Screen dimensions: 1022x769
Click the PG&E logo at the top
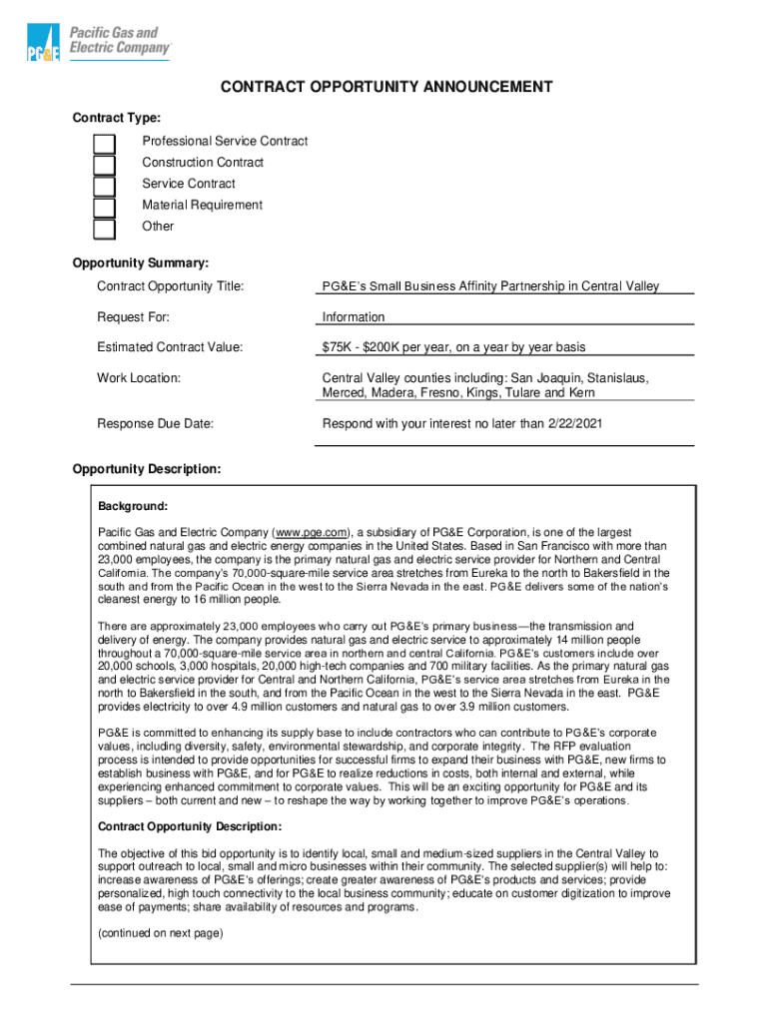99,43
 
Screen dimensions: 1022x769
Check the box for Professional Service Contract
104,145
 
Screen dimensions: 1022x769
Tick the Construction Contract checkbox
104,166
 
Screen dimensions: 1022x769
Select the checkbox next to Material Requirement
104,208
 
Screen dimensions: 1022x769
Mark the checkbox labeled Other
104,229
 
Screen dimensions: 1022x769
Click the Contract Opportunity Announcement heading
385,87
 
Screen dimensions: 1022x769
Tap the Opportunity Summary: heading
140,263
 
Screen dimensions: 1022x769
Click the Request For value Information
353,317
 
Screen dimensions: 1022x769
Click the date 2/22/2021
576,423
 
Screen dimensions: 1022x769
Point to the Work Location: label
139,378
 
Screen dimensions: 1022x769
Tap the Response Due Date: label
155,423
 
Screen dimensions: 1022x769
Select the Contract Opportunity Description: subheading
190,826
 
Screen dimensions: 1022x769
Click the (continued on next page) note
160,934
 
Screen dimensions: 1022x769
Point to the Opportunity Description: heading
147,469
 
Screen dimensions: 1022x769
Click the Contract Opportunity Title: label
170,286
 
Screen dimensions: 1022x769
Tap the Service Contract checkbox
104,187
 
